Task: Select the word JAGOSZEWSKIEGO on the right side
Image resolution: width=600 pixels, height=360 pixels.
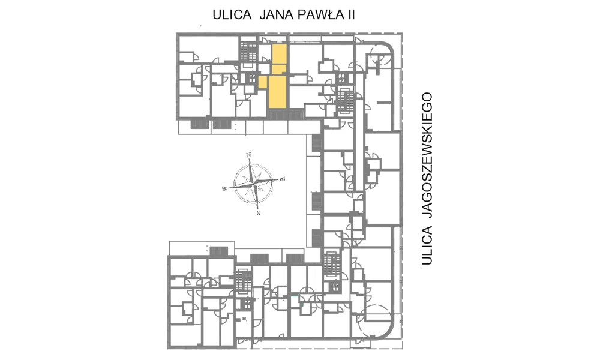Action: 427,155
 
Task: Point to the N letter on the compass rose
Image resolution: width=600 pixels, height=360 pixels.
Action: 249,155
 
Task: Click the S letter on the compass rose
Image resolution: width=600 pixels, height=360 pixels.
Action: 258,213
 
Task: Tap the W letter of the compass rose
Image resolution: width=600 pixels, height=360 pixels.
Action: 224,188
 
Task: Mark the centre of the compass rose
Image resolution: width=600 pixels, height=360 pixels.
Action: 254,184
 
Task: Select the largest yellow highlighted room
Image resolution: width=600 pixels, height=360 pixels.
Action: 277,92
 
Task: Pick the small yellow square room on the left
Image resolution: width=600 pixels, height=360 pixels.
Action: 263,82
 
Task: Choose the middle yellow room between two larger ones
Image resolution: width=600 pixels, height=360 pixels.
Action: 279,69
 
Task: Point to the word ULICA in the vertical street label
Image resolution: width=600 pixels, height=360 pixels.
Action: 427,245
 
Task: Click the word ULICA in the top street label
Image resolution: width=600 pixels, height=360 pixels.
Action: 232,14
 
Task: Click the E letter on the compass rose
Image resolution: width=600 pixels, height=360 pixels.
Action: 283,178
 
